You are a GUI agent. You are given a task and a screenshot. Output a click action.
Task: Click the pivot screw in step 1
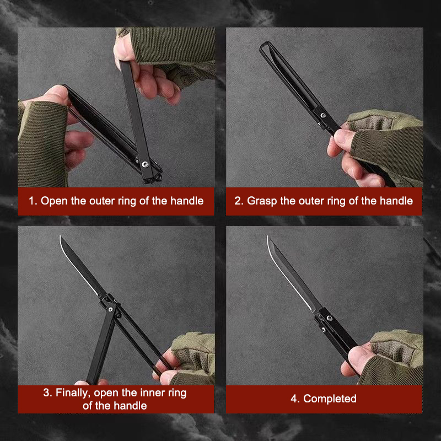click(x=145, y=164)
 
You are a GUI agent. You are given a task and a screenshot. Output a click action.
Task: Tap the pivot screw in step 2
click(x=323, y=115)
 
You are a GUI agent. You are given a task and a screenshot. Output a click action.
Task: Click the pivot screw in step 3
click(x=111, y=310)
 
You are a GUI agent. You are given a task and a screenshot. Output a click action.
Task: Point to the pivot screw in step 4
click(x=329, y=318)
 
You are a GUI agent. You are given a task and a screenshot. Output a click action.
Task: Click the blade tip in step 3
click(x=60, y=236)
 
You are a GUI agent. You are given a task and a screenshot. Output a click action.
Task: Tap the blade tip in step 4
click(x=268, y=237)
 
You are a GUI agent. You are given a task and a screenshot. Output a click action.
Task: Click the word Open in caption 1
click(x=54, y=201)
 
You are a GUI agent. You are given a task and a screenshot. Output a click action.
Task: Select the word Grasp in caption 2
click(x=262, y=201)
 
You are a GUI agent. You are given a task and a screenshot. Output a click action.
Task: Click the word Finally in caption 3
click(x=73, y=393)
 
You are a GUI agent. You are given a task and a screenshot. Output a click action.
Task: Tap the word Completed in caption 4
click(x=330, y=399)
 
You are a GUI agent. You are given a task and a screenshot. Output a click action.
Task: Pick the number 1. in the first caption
click(x=33, y=201)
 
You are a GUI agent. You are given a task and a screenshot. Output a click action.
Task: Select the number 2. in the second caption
click(x=239, y=201)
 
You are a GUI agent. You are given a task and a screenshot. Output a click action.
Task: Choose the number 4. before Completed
click(x=295, y=399)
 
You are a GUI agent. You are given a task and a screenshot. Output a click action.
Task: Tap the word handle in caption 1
click(x=187, y=201)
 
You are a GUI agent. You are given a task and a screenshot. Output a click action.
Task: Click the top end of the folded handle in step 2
click(x=265, y=44)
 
